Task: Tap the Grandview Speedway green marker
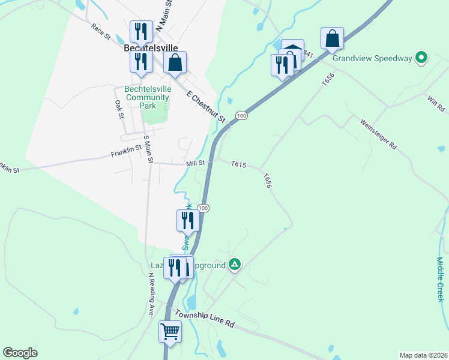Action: coord(422,58)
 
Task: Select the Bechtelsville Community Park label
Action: coord(147,97)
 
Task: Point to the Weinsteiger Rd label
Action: coord(379,134)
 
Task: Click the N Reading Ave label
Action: coord(152,293)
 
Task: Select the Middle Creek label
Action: coord(440,278)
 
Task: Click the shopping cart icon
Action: coord(170,331)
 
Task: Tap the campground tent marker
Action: coord(235,264)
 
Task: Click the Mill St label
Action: coord(196,163)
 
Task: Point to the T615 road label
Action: coord(239,163)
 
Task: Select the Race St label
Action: coord(101,32)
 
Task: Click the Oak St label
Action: coord(118,109)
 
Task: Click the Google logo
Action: coord(20,353)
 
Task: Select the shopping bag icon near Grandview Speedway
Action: coord(332,39)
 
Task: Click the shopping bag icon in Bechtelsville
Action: coord(175,63)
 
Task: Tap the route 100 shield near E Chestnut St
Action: coord(241,115)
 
